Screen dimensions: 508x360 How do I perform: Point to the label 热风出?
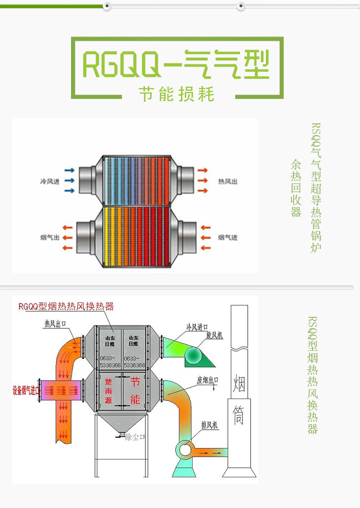228,181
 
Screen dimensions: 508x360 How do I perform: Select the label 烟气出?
49,237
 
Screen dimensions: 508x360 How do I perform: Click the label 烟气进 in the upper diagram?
228,237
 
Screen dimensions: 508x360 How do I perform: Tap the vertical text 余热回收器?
296,188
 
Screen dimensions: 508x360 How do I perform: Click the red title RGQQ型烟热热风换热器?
66,306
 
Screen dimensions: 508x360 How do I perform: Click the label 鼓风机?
215,335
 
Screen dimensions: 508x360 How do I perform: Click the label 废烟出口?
208,380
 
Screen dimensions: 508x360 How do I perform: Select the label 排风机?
210,425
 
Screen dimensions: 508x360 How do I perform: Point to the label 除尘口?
135,437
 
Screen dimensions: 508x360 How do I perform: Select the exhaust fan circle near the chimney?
184,450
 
